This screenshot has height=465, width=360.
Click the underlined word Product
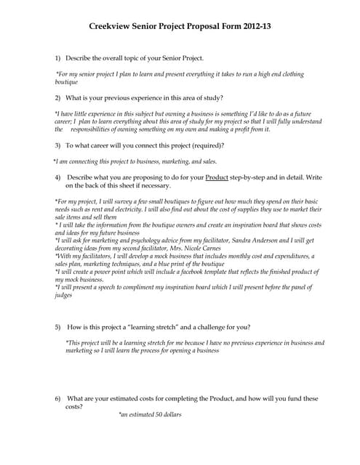pyautogui.click(x=217, y=177)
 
